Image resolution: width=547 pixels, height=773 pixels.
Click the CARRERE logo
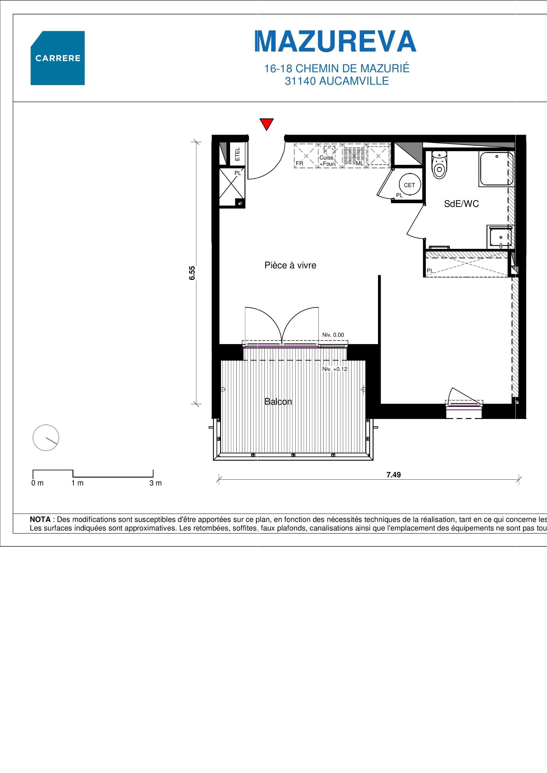(x=58, y=58)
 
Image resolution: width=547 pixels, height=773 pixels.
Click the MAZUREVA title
(x=336, y=42)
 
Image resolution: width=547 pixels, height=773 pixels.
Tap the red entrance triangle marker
(x=266, y=124)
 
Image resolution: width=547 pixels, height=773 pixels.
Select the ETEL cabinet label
(x=238, y=154)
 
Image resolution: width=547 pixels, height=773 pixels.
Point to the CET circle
(x=409, y=185)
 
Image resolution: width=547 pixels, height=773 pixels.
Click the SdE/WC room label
(x=461, y=204)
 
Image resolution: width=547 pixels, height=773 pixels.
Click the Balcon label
(x=278, y=402)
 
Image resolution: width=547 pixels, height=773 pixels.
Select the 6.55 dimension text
(x=192, y=273)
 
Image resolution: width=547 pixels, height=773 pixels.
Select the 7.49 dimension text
(x=393, y=475)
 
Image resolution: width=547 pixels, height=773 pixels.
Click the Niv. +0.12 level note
(x=334, y=369)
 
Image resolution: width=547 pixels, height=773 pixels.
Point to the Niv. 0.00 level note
(x=333, y=335)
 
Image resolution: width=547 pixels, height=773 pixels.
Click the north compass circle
(x=46, y=438)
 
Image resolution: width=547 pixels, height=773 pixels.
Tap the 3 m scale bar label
(x=155, y=483)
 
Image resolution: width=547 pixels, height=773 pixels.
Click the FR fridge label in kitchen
(x=299, y=163)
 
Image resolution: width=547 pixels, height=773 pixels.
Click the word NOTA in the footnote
(x=40, y=519)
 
